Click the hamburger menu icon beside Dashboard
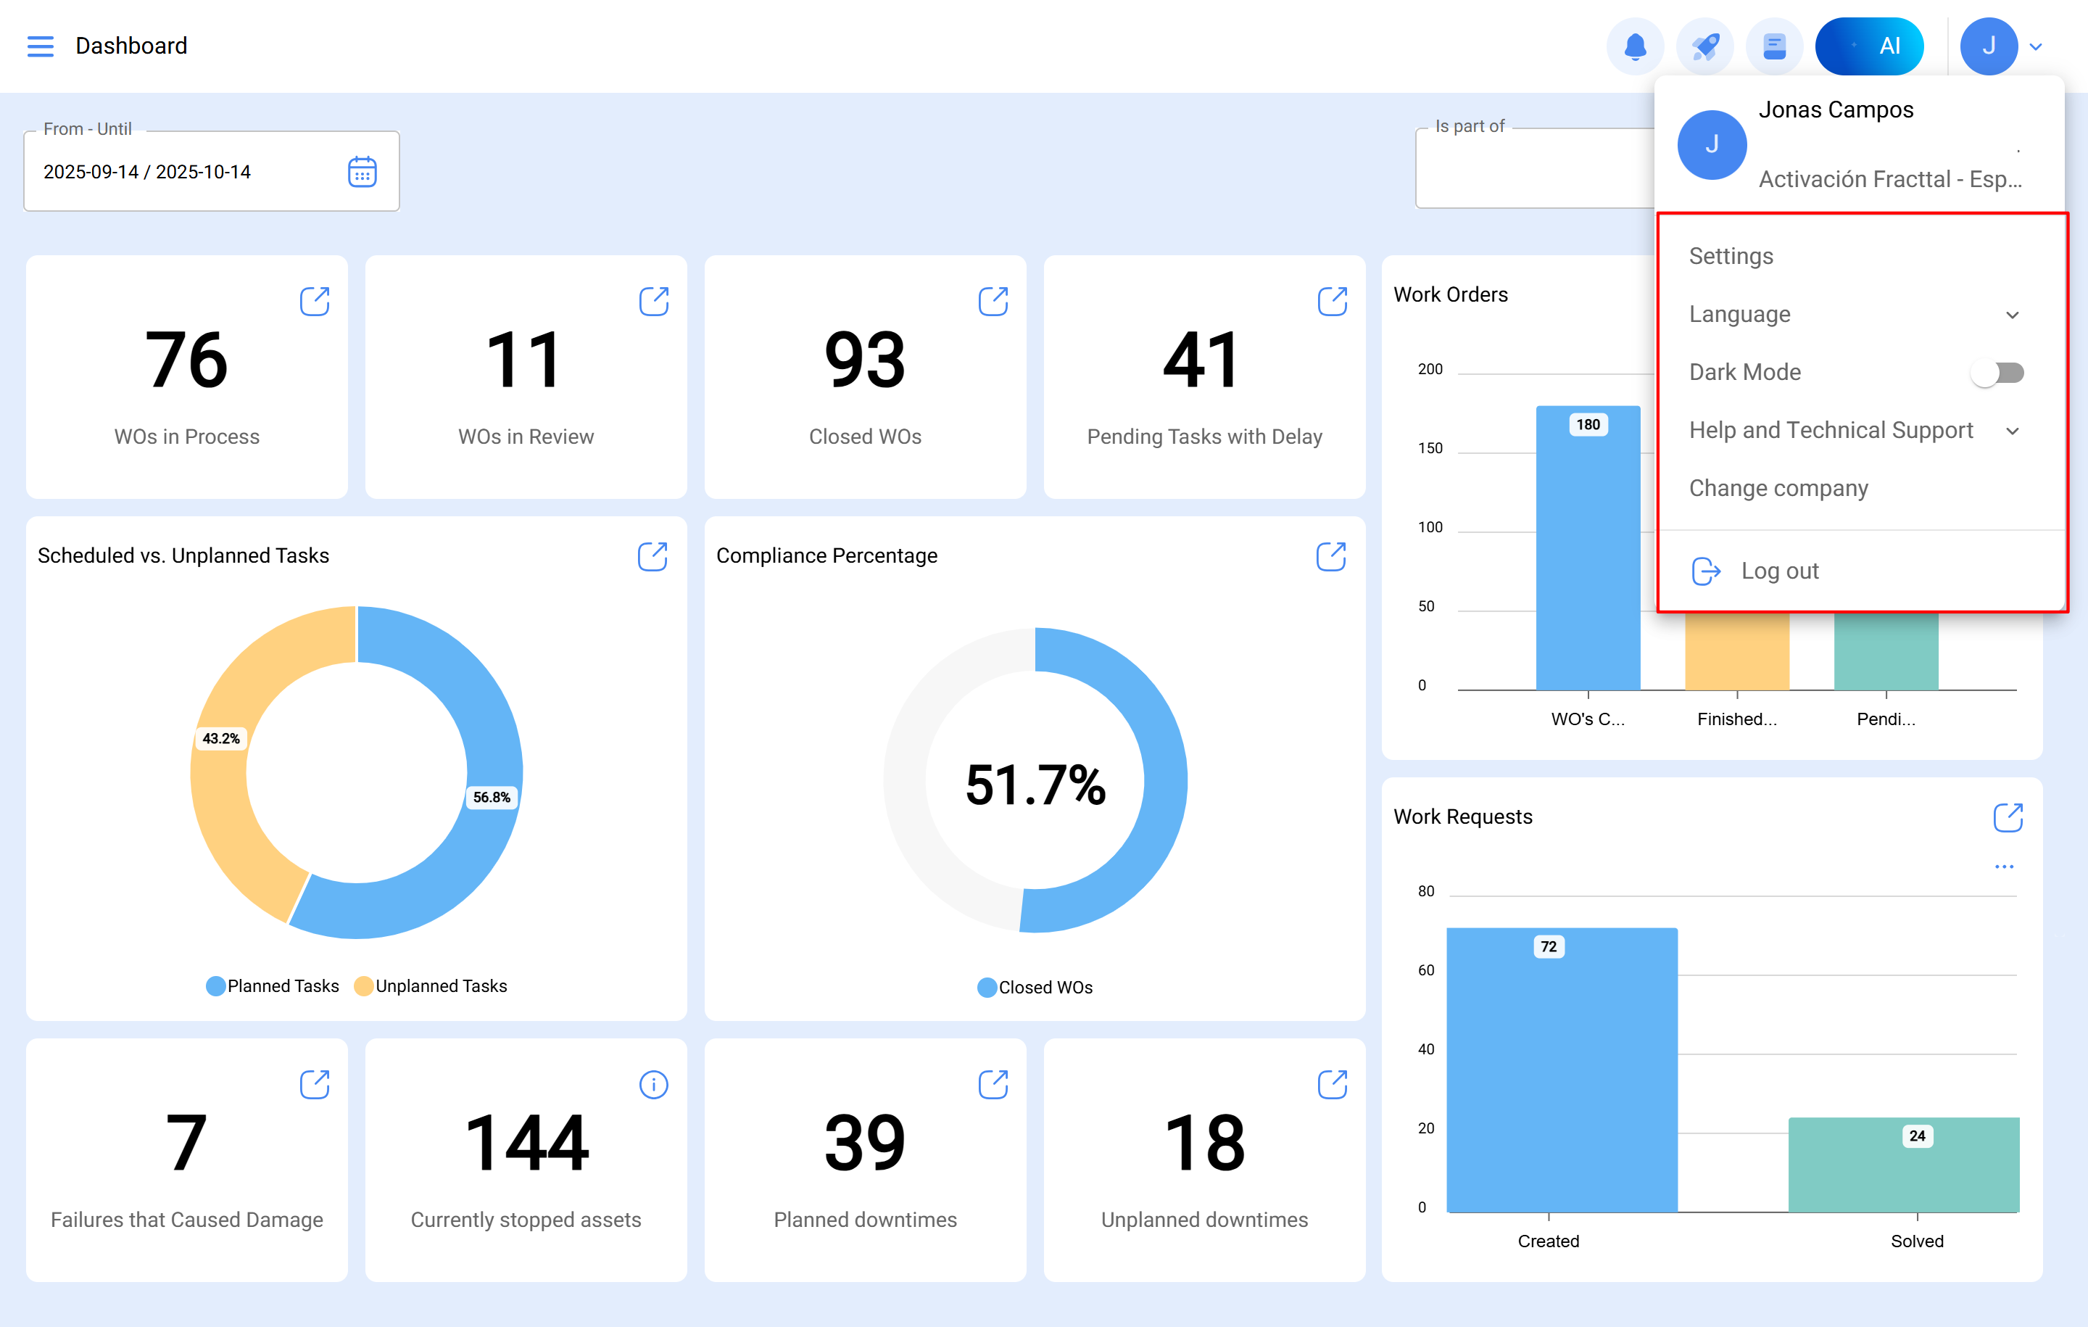(40, 46)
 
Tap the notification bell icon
(1634, 46)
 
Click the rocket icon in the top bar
(1704, 46)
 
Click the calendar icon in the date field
(362, 172)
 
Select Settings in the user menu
(1731, 256)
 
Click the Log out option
(1779, 571)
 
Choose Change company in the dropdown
(1778, 488)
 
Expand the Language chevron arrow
(2012, 315)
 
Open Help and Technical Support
(1831, 430)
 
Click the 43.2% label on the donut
(221, 738)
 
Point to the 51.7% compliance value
(1035, 785)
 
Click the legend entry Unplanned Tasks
(441, 986)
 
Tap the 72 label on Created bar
(1549, 946)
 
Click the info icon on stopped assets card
(653, 1084)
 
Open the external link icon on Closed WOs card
(993, 302)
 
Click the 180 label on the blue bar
(1588, 424)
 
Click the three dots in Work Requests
(2003, 867)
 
